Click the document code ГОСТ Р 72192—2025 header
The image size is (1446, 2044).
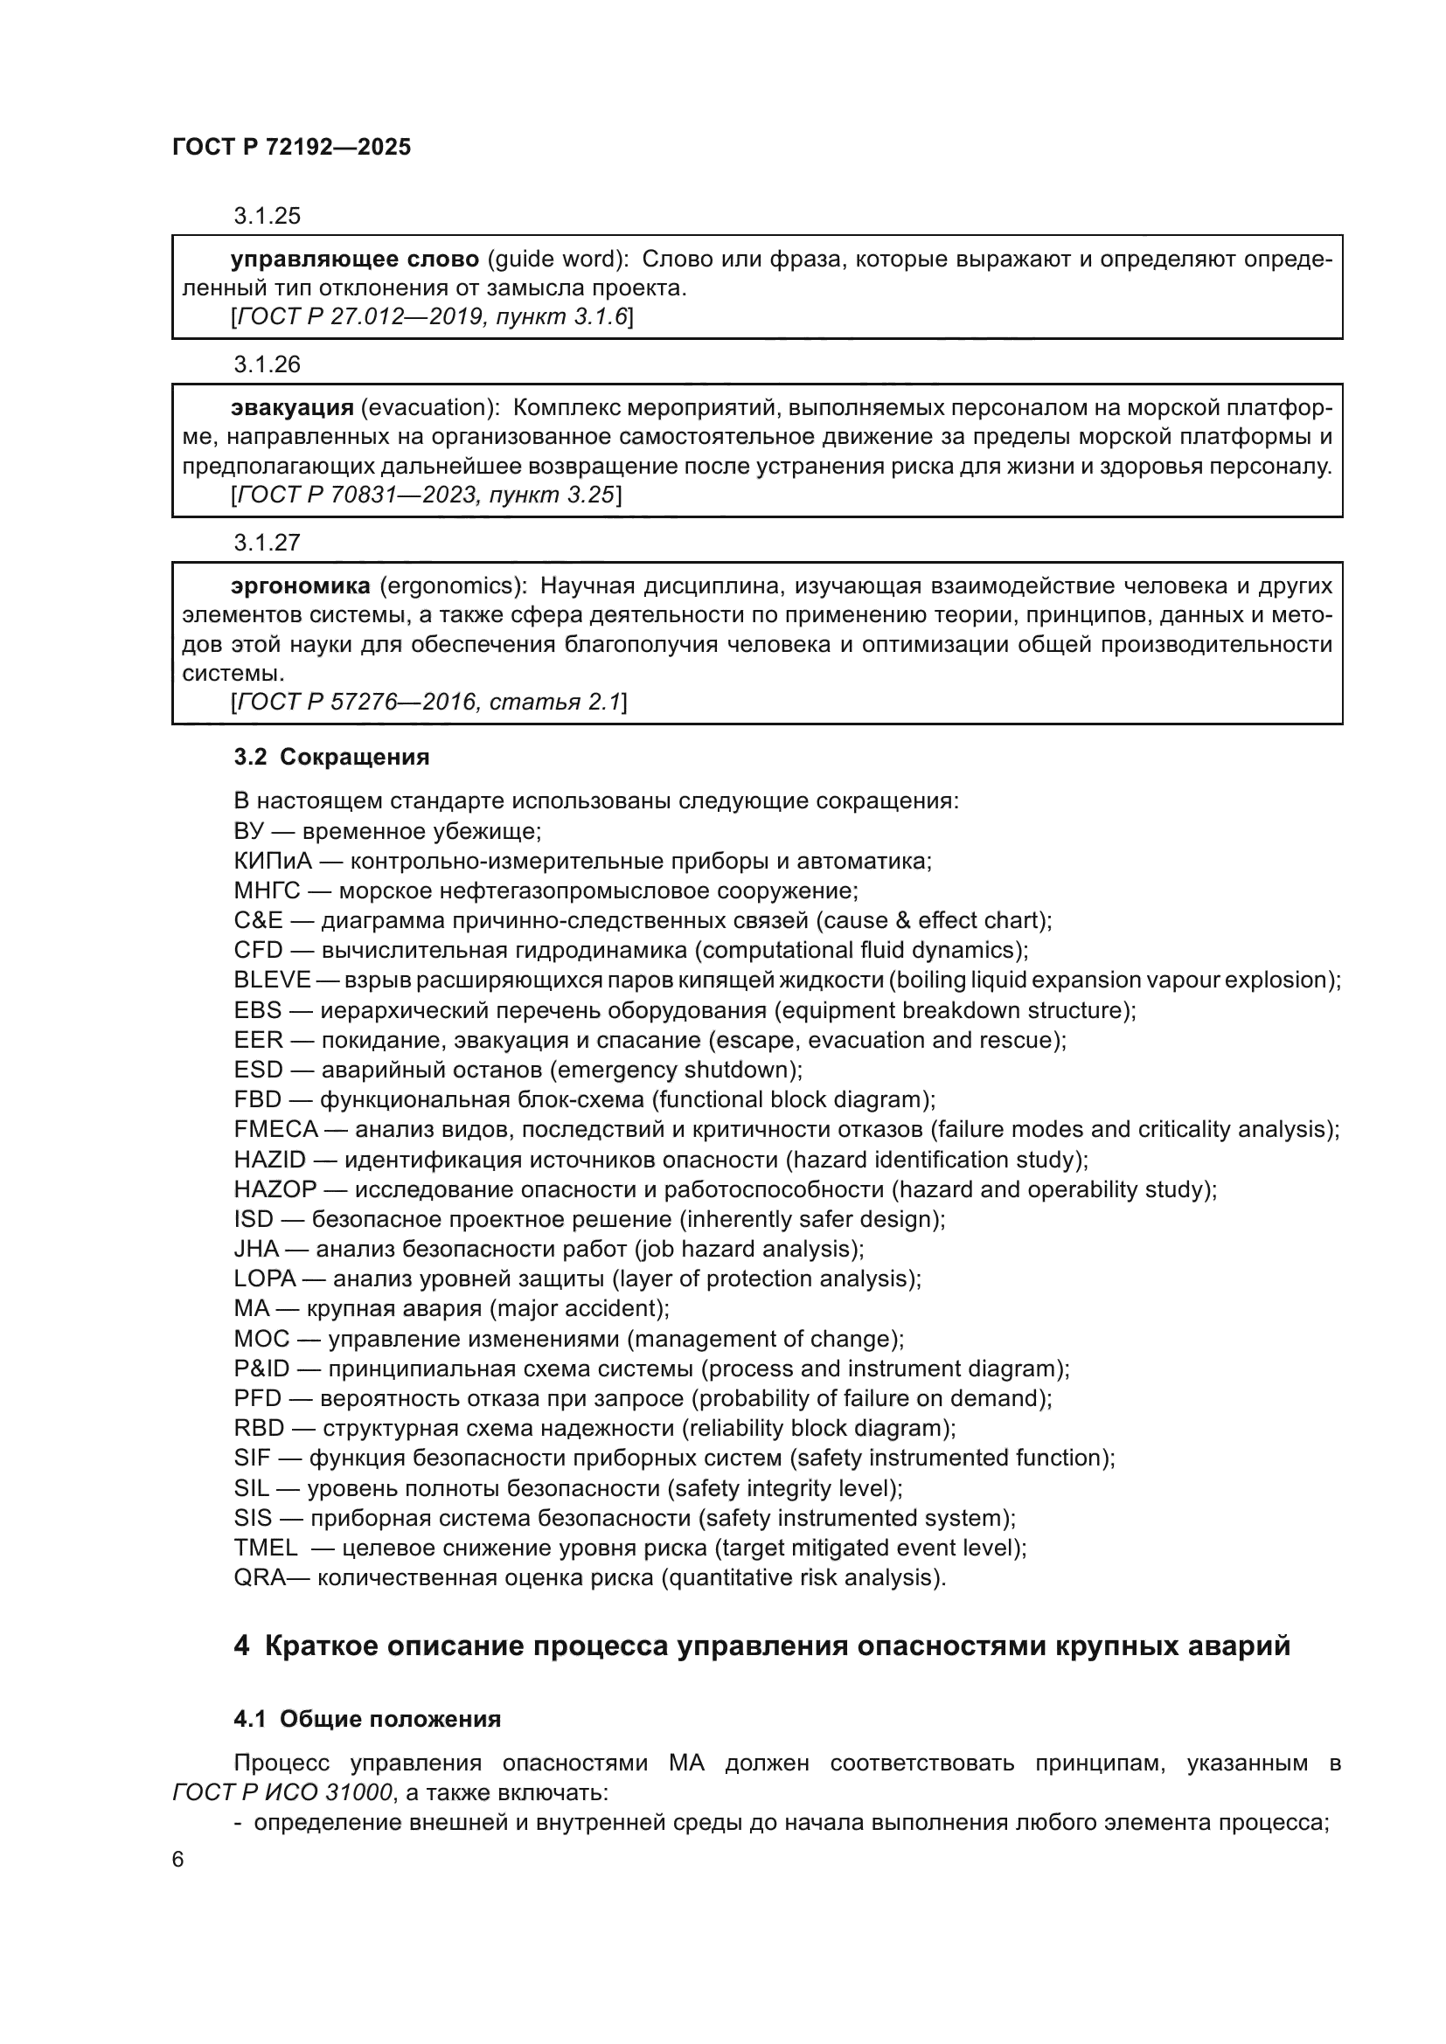(291, 148)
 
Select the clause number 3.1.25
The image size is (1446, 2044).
(268, 217)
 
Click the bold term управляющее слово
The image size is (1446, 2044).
(354, 259)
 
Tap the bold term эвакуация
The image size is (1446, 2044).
(292, 408)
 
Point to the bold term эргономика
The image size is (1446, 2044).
(300, 585)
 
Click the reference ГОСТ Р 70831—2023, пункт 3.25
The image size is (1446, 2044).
(426, 495)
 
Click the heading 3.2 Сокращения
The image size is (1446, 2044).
(331, 757)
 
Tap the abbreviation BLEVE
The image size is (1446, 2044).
(273, 980)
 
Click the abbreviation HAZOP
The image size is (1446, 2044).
(275, 1189)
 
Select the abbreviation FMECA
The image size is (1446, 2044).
(276, 1130)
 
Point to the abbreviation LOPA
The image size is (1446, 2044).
(264, 1278)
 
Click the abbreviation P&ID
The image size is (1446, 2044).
(261, 1368)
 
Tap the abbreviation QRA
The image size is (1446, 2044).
(260, 1577)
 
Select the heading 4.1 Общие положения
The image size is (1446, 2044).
(367, 1719)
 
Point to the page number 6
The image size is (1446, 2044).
(178, 1860)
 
